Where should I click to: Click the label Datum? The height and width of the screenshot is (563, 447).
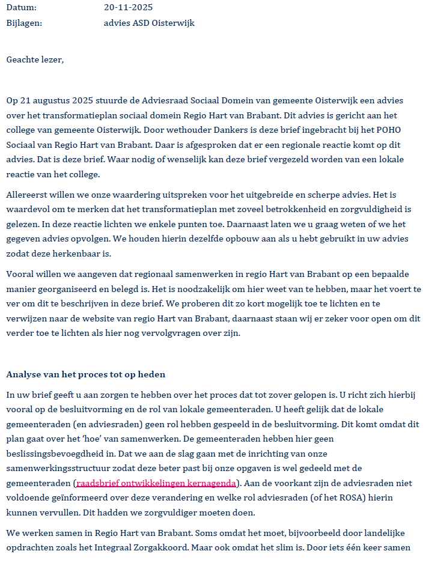coord(21,8)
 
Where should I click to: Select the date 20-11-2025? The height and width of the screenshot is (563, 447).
coord(128,8)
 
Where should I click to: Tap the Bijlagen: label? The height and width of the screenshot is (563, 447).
coord(24,23)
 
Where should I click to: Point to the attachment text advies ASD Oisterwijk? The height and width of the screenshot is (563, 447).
coord(149,23)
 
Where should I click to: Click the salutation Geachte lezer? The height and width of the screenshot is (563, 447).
coord(35,59)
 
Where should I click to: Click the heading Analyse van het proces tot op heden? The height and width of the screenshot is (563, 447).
coord(85,374)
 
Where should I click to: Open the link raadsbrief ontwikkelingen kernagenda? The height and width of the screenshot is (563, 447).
coord(156,483)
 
